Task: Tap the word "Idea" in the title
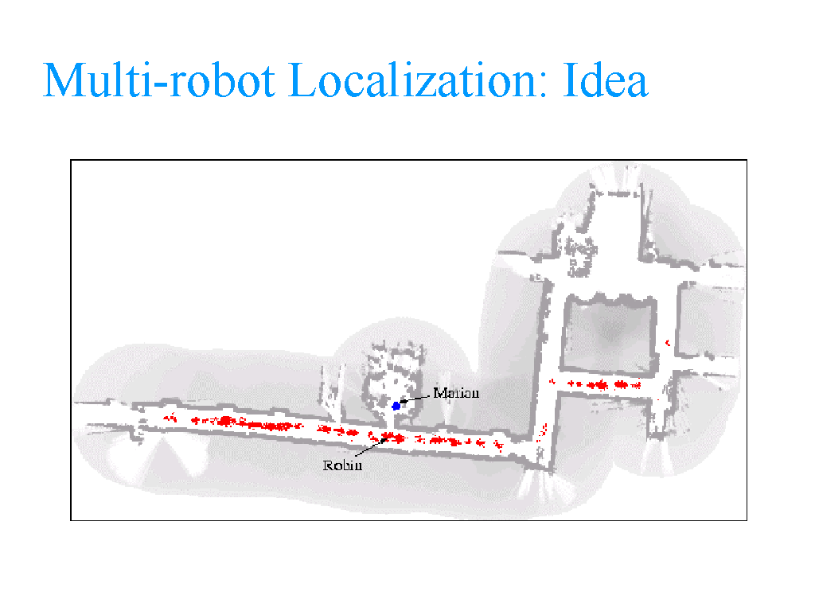606,80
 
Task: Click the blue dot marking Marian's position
396,406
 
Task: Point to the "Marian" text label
456,393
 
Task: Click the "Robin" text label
342,465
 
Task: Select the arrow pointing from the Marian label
415,399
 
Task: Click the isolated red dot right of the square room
666,343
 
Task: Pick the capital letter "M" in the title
64,80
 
